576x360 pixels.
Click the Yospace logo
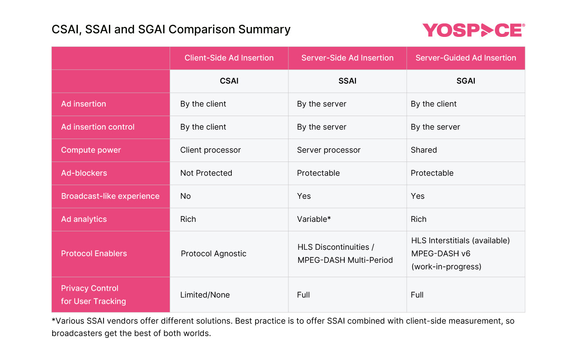[473, 30]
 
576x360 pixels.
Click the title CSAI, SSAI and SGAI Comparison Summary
[171, 30]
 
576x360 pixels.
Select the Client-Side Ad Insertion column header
[229, 58]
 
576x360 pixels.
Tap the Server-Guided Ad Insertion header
[466, 58]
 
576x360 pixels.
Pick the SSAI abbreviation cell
[347, 81]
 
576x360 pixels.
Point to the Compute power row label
[91, 150]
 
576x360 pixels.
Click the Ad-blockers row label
[84, 173]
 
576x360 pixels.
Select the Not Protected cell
[206, 173]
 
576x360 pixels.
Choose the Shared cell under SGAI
[424, 150]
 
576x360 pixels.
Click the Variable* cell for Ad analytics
[314, 219]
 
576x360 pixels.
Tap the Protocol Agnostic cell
[214, 254]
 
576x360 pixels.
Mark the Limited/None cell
[205, 295]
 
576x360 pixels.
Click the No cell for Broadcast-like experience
[185, 196]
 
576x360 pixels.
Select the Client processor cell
[211, 150]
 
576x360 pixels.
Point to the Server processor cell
[329, 150]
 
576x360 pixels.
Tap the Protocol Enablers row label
[94, 254]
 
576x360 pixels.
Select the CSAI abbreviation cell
[229, 81]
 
